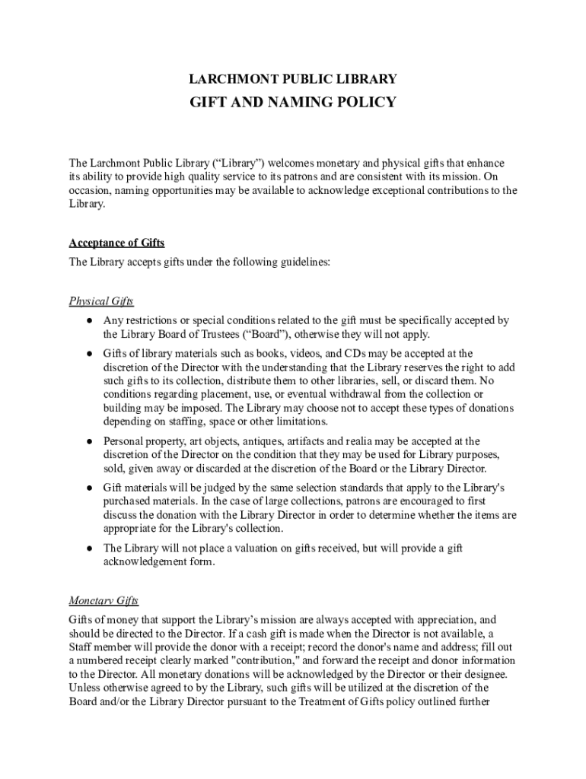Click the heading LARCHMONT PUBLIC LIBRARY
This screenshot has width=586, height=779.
293,79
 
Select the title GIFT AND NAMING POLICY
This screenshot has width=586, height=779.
293,102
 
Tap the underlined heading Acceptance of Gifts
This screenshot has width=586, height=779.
116,243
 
